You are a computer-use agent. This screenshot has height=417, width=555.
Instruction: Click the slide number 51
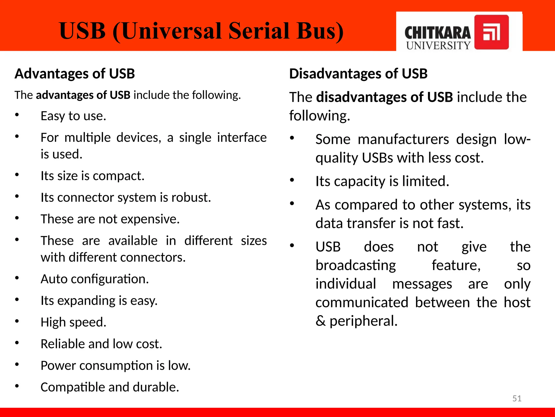[517, 398]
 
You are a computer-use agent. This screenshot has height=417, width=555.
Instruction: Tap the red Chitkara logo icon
[491, 32]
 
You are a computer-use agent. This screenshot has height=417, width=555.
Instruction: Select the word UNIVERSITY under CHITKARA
[438, 45]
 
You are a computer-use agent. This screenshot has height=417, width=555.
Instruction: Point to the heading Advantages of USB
[75, 74]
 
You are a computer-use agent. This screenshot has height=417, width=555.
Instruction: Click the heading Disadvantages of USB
[358, 74]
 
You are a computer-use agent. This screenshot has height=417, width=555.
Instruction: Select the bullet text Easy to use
[73, 116]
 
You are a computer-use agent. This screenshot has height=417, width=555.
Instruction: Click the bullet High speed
[73, 322]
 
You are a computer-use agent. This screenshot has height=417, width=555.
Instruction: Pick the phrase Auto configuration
[95, 279]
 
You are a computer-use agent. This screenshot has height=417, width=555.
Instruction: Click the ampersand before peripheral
[321, 321]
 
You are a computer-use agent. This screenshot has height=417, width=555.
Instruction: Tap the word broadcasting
[356, 265]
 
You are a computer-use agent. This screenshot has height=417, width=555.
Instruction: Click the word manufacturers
[403, 139]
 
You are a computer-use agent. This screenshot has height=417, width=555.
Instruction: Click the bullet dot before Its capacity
[292, 180]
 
